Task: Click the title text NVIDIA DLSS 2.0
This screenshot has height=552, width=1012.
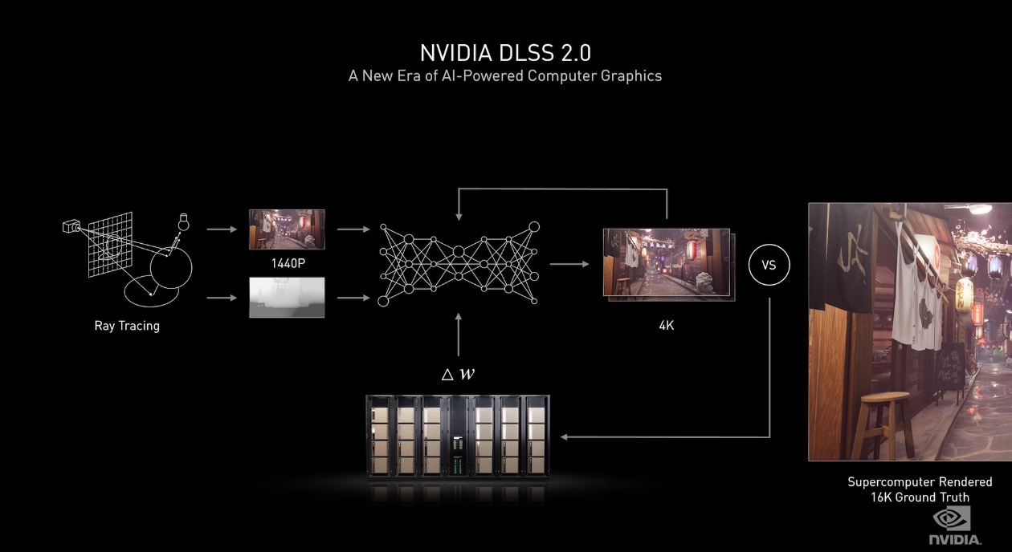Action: click(505, 53)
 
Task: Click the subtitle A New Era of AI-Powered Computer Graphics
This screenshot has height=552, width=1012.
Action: click(505, 75)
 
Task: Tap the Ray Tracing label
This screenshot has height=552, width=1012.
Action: click(127, 326)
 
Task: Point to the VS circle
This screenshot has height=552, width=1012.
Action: click(769, 265)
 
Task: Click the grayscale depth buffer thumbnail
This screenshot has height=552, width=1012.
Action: click(287, 297)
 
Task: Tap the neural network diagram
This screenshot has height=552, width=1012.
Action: click(459, 263)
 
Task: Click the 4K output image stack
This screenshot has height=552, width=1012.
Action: click(668, 264)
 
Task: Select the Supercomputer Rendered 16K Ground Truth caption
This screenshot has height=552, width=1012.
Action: click(920, 489)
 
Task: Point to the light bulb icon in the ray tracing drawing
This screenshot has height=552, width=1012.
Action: click(184, 221)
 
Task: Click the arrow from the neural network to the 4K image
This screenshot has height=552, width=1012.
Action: click(568, 263)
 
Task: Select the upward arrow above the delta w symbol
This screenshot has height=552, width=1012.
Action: click(458, 335)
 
